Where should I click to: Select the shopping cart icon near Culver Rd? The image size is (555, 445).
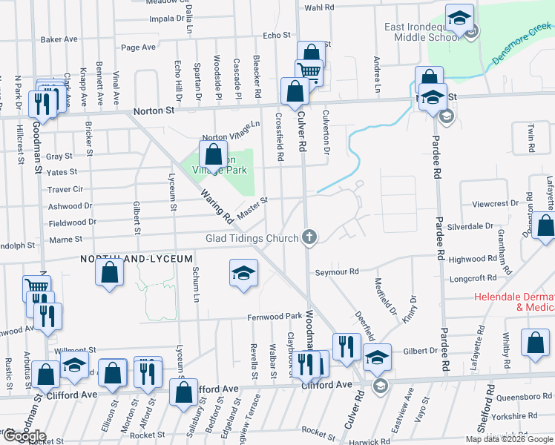click(308, 72)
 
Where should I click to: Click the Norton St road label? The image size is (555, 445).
click(153, 111)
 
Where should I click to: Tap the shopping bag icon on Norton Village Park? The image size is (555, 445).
click(214, 154)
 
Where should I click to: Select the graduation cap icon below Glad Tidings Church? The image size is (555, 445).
click(243, 273)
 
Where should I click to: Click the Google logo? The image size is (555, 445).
click(24, 436)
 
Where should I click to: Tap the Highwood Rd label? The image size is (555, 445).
click(473, 259)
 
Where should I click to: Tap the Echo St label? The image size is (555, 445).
click(276, 35)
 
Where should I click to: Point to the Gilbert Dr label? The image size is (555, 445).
click(421, 350)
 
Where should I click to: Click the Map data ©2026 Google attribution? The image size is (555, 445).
click(508, 439)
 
